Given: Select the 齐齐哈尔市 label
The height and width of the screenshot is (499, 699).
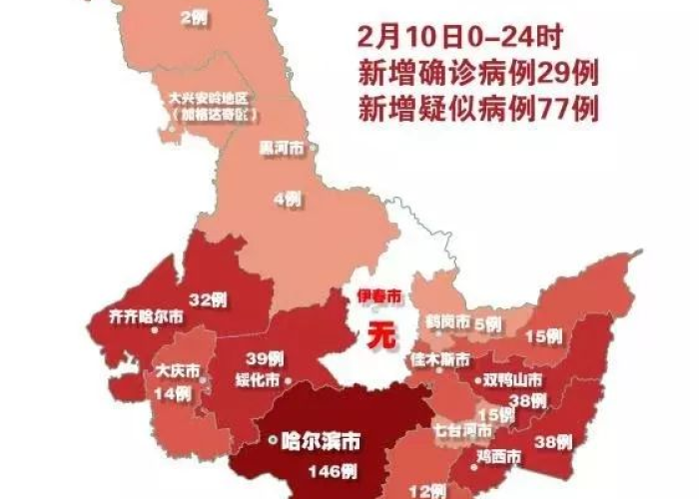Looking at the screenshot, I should click(x=145, y=317).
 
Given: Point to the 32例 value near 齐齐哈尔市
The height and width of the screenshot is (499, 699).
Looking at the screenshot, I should click(x=209, y=297).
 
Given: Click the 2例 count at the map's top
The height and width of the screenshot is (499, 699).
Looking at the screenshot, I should click(x=194, y=16).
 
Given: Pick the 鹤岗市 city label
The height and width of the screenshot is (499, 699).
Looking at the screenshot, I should click(x=444, y=323).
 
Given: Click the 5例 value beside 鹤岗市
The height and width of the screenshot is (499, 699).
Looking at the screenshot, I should click(x=488, y=323).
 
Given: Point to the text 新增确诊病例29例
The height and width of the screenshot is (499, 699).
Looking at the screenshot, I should click(x=477, y=73).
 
